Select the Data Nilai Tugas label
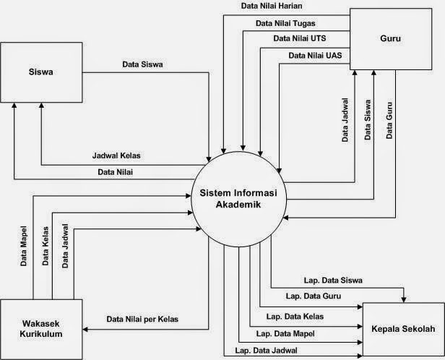[x=285, y=22]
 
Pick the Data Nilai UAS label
[x=315, y=55]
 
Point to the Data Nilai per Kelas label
[x=142, y=319]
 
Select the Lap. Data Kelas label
[x=295, y=317]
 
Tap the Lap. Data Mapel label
[x=285, y=334]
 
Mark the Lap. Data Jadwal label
[x=264, y=351]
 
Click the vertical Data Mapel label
[x=24, y=246]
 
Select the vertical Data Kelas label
[x=45, y=247]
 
